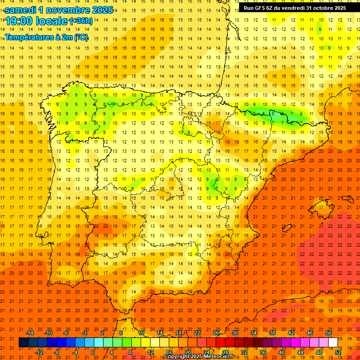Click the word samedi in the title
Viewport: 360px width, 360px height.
pyautogui.click(x=23, y=9)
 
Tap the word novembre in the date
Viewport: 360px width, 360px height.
pyautogui.click(x=71, y=9)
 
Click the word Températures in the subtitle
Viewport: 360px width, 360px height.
pyautogui.click(x=28, y=37)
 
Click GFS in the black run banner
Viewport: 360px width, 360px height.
pyautogui.click(x=263, y=8)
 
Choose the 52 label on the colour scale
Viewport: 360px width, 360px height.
pyautogui.click(x=338, y=352)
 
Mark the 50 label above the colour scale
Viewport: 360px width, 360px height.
pyautogui.click(x=329, y=333)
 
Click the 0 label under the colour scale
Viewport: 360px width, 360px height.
pyautogui.click(x=93, y=352)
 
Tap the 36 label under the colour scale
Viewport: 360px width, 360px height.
pyautogui.click(x=262, y=352)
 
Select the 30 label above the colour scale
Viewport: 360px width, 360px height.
pyautogui.click(x=235, y=333)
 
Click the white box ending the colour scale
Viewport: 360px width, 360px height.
pyautogui.click(x=333, y=343)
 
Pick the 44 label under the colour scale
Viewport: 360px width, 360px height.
pyautogui.click(x=300, y=352)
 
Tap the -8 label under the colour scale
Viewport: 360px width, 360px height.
pyautogui.click(x=56, y=352)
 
